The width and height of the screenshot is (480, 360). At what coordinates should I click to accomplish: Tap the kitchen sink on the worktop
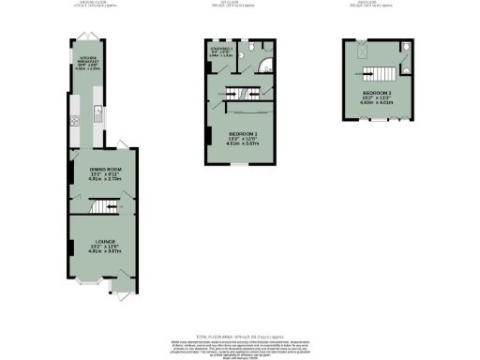(x=97, y=117)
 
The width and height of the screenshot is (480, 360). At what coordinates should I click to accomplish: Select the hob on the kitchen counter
(x=72, y=122)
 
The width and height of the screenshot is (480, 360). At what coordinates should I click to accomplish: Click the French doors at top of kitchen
(x=85, y=37)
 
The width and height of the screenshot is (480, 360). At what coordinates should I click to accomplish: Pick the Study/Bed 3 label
(x=220, y=51)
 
